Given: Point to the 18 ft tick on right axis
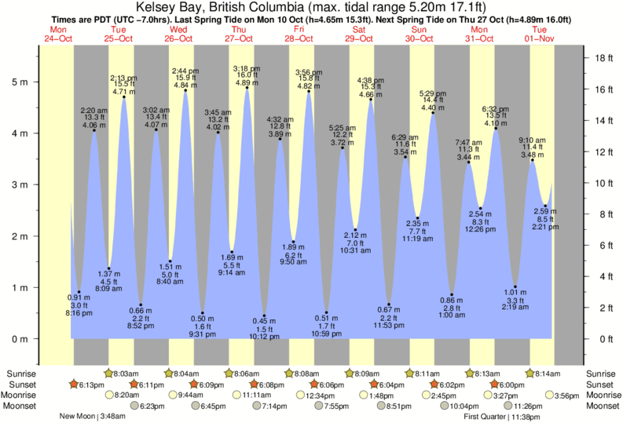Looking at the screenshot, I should [x=601, y=58].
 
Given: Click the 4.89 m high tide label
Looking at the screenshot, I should [x=247, y=82].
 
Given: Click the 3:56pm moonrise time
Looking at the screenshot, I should [x=567, y=396].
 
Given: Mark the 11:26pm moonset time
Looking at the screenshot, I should [x=519, y=406].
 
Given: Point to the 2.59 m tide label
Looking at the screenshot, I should [x=545, y=210].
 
